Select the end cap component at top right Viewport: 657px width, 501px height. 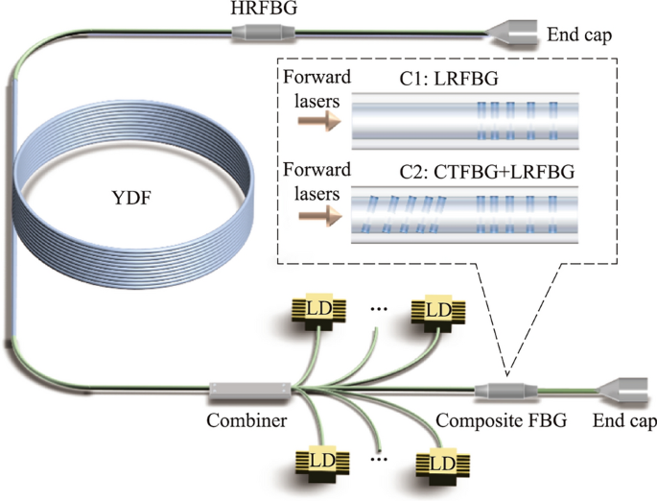click(x=512, y=36)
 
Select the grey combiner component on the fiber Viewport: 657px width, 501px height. click(x=248, y=392)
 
